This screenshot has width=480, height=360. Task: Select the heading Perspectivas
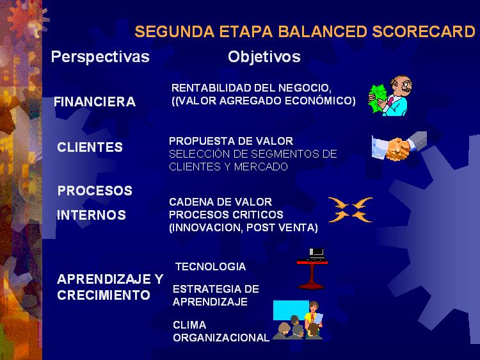[x=100, y=57]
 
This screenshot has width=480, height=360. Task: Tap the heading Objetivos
[x=264, y=57]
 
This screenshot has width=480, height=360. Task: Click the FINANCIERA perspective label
[x=95, y=102]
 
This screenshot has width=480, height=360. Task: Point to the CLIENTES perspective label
[x=90, y=147]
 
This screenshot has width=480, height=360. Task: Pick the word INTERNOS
[x=92, y=215]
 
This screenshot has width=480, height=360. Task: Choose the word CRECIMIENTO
[x=104, y=295]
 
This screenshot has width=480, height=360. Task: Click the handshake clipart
[x=399, y=146]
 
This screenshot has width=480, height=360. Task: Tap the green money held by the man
[x=378, y=98]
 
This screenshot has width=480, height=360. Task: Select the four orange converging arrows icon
[x=351, y=209]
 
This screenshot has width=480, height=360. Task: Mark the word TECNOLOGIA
[x=211, y=266]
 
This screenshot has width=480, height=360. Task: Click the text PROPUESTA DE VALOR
[x=231, y=141]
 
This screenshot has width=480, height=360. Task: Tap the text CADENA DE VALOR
[x=220, y=202]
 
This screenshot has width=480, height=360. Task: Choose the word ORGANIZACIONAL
[x=221, y=338]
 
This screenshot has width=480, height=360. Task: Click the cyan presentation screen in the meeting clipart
[x=290, y=310]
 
